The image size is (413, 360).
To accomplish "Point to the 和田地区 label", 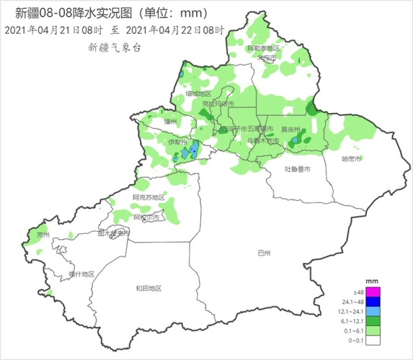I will (x=148, y=288).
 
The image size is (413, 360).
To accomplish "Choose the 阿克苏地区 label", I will (x=148, y=197).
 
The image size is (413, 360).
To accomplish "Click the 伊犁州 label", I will (x=177, y=143).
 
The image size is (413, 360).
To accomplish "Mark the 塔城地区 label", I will (x=197, y=94).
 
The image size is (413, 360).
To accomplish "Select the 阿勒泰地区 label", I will (x=263, y=48).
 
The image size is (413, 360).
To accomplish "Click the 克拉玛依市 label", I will (x=218, y=105).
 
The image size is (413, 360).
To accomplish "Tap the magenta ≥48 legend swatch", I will (x=373, y=292).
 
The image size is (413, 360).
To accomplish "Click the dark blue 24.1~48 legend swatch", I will (x=373, y=302).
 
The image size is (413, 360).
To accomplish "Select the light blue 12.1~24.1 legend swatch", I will (x=373, y=311).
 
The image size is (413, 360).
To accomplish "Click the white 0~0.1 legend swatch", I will (x=373, y=339).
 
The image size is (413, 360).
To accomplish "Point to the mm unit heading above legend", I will (x=373, y=280).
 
